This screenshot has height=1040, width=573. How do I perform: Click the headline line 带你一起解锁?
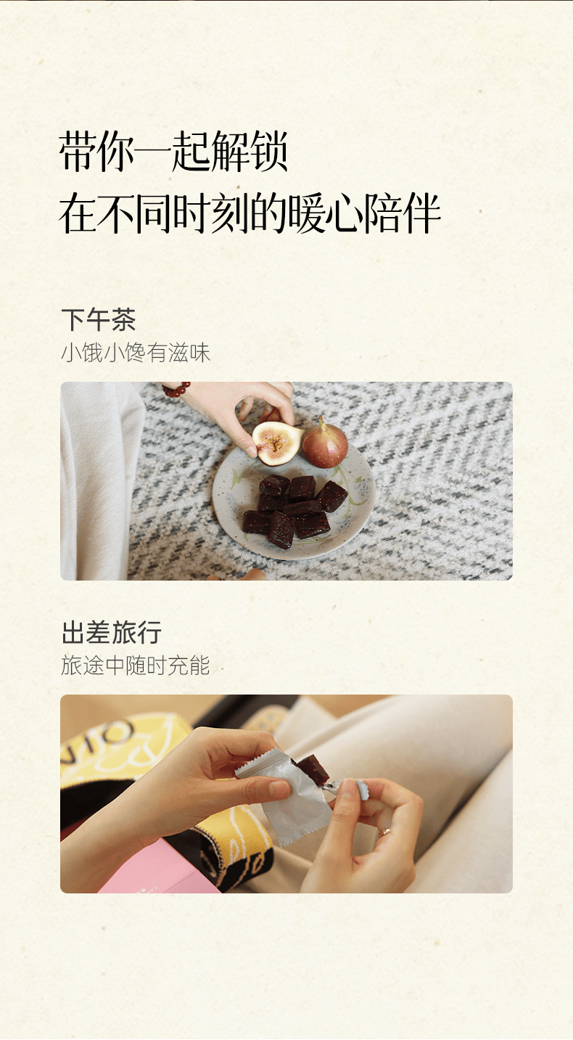(173, 152)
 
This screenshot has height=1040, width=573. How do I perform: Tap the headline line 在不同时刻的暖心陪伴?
(250, 213)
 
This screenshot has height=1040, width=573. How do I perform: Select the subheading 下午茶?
(99, 320)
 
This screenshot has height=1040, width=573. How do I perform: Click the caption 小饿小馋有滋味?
(136, 353)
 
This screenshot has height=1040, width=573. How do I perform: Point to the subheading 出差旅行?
(112, 632)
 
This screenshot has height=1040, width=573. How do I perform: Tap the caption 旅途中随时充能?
(136, 666)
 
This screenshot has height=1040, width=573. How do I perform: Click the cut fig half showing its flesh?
(276, 443)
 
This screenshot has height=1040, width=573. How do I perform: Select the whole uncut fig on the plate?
(325, 443)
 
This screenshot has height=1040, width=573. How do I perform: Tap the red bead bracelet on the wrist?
(176, 388)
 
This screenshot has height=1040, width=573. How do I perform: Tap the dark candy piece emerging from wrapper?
(313, 769)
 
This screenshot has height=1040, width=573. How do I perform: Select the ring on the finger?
(384, 832)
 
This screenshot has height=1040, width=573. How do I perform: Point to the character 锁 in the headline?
(269, 152)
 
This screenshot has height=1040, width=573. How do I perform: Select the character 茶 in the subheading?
(123, 320)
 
